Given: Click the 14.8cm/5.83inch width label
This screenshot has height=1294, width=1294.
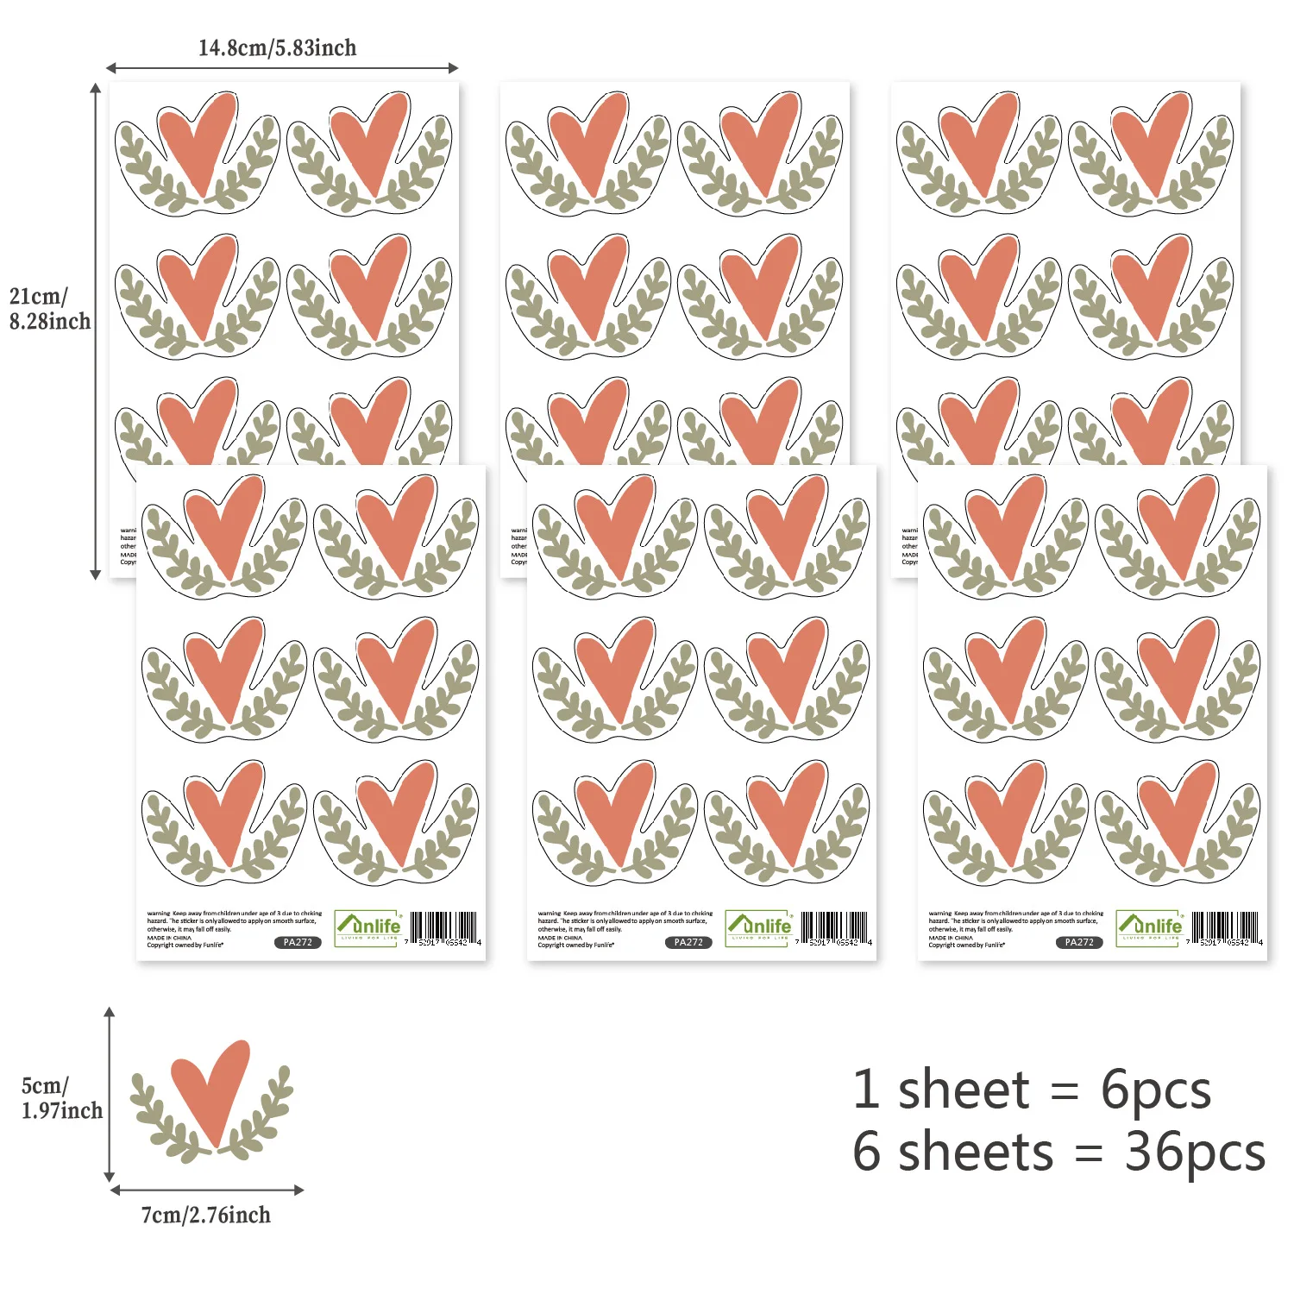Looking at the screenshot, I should click(x=277, y=47).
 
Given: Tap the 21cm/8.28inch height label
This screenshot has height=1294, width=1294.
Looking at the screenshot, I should click(x=49, y=309).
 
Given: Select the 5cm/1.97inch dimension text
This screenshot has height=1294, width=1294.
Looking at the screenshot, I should click(x=61, y=1098).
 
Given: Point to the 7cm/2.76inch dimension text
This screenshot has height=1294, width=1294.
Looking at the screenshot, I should click(x=206, y=1215).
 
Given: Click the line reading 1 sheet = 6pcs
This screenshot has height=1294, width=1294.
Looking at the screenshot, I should click(x=1032, y=1090).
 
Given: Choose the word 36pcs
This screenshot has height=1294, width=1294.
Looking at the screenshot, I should click(x=1195, y=1153).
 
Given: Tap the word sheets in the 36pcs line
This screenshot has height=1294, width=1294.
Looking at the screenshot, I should click(x=976, y=1153).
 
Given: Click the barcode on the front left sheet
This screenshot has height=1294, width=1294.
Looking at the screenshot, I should click(x=443, y=929).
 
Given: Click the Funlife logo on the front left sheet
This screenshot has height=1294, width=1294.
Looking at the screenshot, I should click(x=368, y=928).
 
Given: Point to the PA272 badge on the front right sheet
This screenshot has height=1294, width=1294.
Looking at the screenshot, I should click(x=1078, y=942).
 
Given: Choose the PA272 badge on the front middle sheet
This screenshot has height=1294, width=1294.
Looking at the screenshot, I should click(x=688, y=942).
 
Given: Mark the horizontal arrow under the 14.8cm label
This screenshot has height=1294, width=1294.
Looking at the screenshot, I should click(x=282, y=68).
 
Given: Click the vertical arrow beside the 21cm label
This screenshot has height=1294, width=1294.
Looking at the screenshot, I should click(x=96, y=331).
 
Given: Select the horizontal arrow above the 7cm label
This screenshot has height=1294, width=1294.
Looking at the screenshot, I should click(x=207, y=1190).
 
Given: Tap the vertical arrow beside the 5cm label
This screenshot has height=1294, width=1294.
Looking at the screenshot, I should click(x=110, y=1094).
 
